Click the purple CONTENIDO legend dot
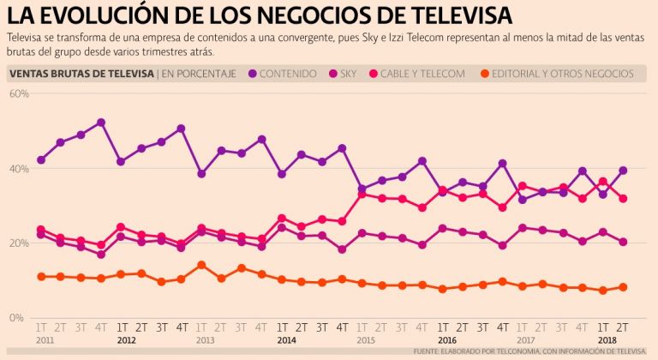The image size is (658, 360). point(253,74)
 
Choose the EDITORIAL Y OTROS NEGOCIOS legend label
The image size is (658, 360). point(566,74)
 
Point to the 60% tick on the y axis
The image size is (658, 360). point(19,93)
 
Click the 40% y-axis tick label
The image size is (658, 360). point(19,169)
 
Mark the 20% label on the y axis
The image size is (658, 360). point(19,243)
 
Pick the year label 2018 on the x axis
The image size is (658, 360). point(607,339)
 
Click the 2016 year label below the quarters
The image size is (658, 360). point(447,339)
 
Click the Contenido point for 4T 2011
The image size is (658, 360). point(101,123)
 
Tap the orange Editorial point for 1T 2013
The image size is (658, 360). point(201,265)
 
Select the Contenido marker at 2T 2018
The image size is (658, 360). point(623,170)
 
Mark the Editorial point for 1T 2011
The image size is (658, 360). point(41,276)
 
